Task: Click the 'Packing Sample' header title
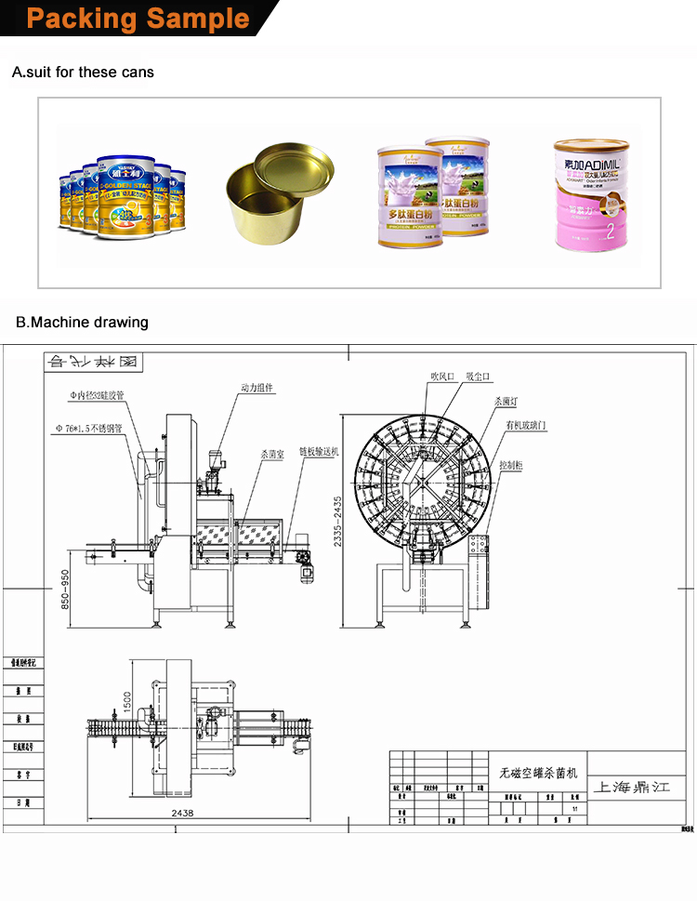click(x=138, y=19)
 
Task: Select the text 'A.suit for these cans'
click(x=83, y=72)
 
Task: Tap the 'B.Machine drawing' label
click(x=82, y=323)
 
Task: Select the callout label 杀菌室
click(x=272, y=455)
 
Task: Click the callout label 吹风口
click(x=441, y=377)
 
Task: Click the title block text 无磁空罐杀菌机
click(x=539, y=773)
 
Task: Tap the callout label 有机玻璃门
click(x=526, y=424)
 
